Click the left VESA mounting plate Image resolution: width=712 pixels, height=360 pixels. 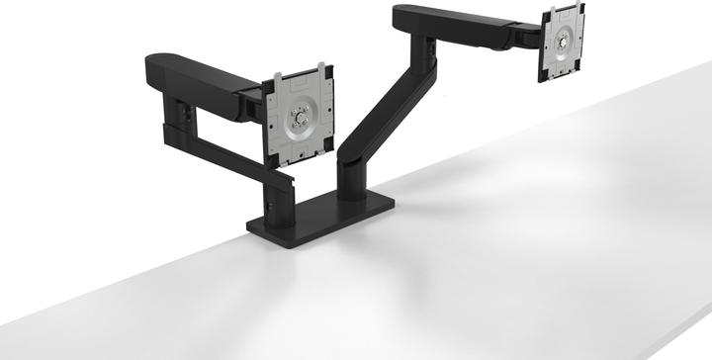pos(299,118)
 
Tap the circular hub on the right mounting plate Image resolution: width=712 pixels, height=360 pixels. pos(562,43)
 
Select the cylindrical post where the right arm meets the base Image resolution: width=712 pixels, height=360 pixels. pos(352,178)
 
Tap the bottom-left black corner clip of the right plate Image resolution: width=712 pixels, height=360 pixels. pos(543,77)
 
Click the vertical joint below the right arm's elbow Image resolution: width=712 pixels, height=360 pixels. pos(426,51)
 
